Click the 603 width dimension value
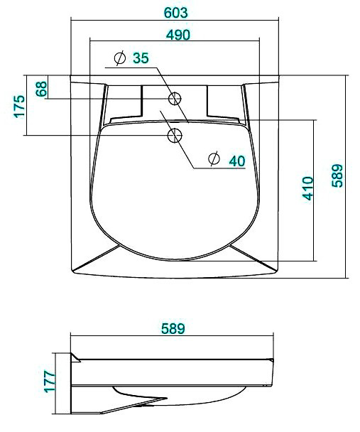click(x=175, y=13)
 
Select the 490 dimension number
click(x=178, y=35)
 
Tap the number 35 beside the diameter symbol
click(x=141, y=58)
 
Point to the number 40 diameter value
click(x=237, y=161)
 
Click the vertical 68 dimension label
click(x=41, y=89)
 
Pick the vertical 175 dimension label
click(x=19, y=107)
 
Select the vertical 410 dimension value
click(x=307, y=188)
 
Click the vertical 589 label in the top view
click(x=337, y=175)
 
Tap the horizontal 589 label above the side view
click(x=173, y=328)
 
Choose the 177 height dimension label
click(x=50, y=382)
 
